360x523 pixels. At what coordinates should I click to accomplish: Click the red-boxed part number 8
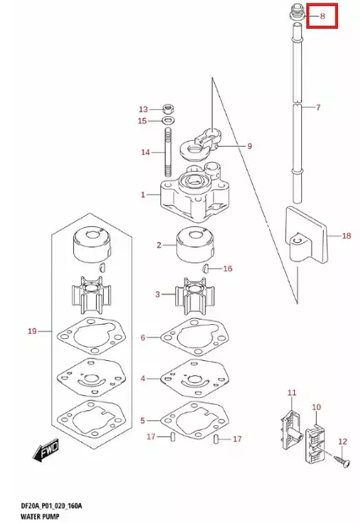(x=321, y=15)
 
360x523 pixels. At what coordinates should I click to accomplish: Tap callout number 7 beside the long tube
(x=319, y=107)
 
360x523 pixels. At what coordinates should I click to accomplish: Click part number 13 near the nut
(x=142, y=110)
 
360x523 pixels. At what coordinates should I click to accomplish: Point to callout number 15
(x=142, y=121)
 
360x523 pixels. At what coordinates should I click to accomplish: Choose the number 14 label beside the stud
(x=145, y=153)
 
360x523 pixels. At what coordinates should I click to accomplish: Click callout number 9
(x=250, y=148)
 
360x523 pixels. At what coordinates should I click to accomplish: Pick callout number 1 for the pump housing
(x=143, y=195)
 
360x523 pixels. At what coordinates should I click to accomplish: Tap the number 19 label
(x=32, y=332)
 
